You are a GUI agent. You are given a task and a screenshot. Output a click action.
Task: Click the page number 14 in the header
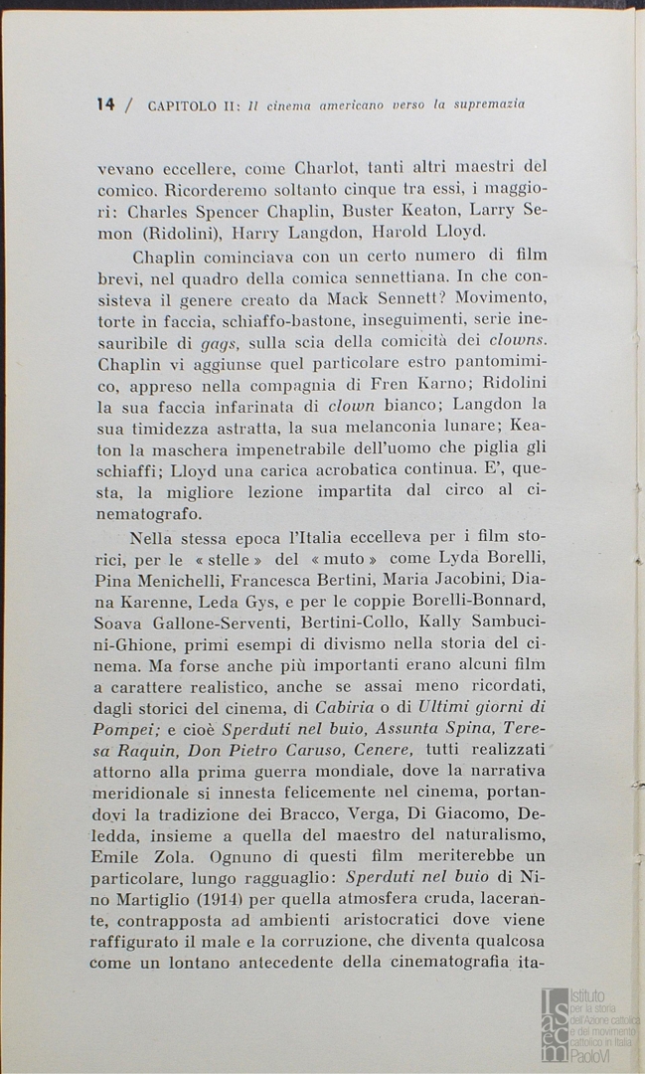(106, 103)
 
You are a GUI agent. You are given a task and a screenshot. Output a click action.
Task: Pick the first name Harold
(376, 234)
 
